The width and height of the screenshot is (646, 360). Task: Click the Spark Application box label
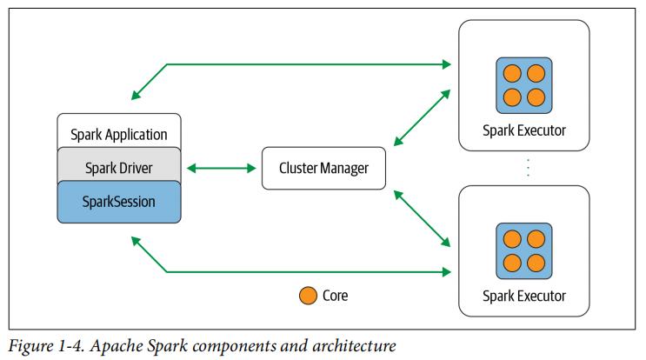pyautogui.click(x=118, y=135)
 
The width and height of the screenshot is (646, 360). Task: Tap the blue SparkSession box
pyautogui.click(x=118, y=201)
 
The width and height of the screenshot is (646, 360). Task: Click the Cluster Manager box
pyautogui.click(x=323, y=169)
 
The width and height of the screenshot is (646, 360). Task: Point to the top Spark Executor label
pyautogui.click(x=523, y=130)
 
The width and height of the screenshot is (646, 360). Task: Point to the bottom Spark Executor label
pyautogui.click(x=523, y=296)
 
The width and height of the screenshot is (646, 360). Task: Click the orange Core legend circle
pyautogui.click(x=307, y=296)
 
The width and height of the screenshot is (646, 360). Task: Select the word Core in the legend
pyautogui.click(x=335, y=296)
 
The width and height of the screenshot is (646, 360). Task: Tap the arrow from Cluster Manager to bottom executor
pyautogui.click(x=423, y=218)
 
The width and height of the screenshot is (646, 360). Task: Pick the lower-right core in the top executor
pyautogui.click(x=536, y=97)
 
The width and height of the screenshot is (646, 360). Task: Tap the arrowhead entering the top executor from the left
pyautogui.click(x=447, y=64)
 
